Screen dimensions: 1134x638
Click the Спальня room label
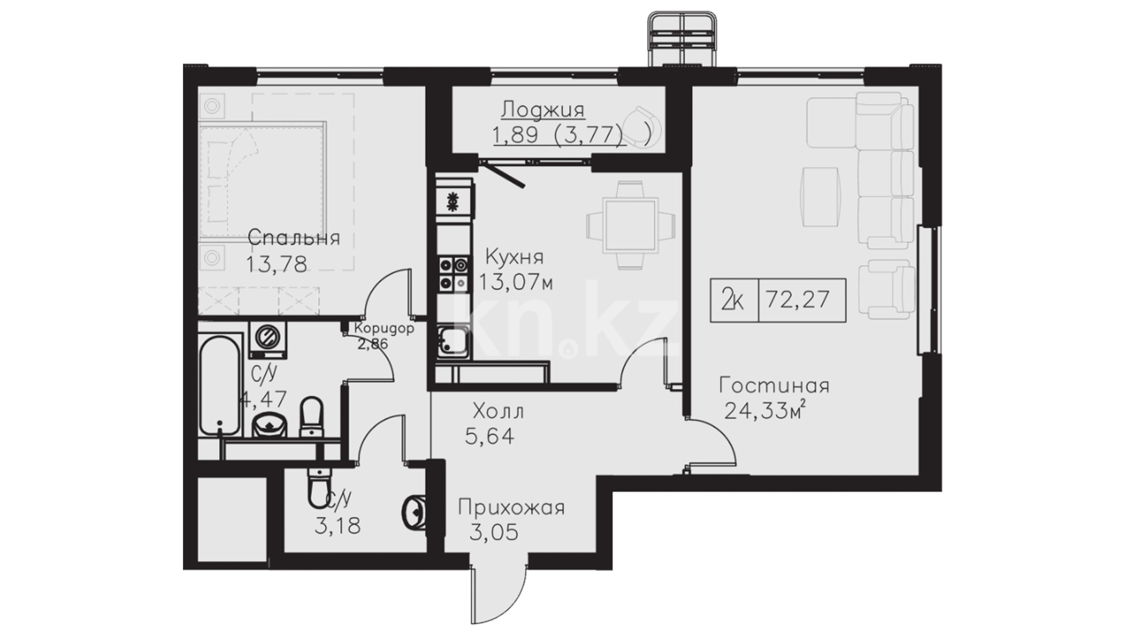point(294,239)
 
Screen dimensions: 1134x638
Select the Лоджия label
point(543,110)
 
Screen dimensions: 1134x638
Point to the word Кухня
point(514,258)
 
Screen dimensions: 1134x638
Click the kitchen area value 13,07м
point(516,283)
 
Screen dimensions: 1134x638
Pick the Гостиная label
point(774,386)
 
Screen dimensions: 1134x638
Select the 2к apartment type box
point(734,300)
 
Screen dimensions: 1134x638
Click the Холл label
point(498,411)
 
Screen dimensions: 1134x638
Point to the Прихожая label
point(511,507)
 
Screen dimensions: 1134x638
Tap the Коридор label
point(384,328)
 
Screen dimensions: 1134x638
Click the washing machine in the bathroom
point(268,340)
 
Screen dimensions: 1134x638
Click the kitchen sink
point(452,341)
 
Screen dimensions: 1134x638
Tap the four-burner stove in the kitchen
point(452,274)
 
